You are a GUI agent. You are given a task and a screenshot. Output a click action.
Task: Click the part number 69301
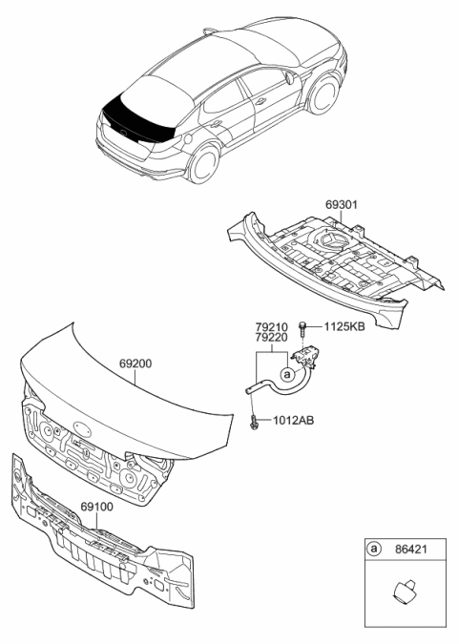point(343,204)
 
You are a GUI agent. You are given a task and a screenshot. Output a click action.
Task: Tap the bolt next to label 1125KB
point(303,330)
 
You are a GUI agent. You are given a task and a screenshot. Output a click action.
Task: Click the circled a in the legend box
point(374,551)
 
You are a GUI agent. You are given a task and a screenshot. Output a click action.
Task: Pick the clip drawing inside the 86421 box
point(401,592)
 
